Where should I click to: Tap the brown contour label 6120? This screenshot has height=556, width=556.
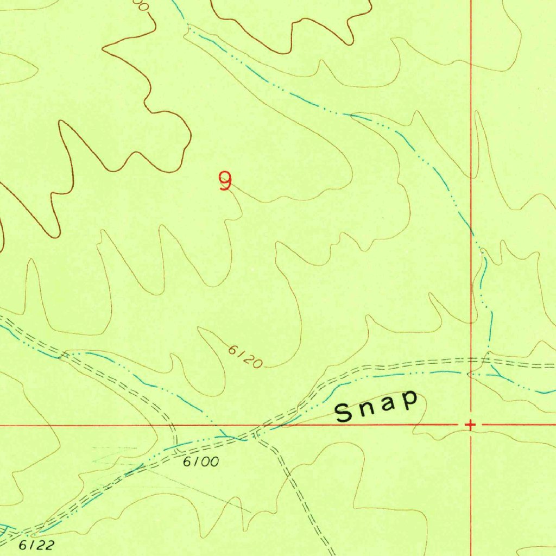[245, 358]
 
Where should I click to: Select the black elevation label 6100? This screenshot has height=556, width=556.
[201, 462]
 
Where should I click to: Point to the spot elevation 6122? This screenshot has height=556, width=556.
[37, 544]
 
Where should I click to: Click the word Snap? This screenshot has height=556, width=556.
[377, 406]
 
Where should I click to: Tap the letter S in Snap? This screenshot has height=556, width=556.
[344, 413]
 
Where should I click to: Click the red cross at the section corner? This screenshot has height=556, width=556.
[470, 424]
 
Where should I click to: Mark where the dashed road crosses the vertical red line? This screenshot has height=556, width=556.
[471, 361]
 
